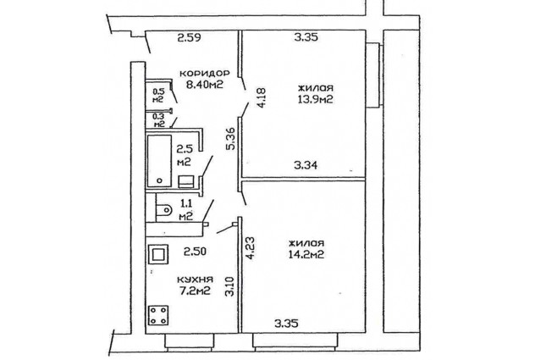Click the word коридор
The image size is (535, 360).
click(205, 73)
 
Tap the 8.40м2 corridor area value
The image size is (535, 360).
click(205, 84)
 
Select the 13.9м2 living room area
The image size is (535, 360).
click(316, 99)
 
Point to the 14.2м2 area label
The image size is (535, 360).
click(306, 254)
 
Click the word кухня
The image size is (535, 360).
click(196, 280)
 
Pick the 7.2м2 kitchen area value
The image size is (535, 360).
click(195, 291)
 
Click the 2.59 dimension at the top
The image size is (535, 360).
click(189, 37)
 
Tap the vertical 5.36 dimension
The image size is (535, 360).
click(231, 138)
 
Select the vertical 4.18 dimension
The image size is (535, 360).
click(262, 98)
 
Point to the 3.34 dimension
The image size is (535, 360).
click(306, 165)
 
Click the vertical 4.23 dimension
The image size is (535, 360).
click(251, 248)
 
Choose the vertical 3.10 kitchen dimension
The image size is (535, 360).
click(230, 286)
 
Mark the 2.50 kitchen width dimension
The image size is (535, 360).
click(195, 252)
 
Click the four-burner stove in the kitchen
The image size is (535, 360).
click(158, 315)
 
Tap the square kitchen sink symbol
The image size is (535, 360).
click(158, 254)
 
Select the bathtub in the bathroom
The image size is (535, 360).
click(159, 161)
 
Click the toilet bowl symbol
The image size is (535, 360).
click(163, 209)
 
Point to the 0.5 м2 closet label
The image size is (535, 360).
click(158, 95)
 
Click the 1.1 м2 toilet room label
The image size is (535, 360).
click(186, 209)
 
